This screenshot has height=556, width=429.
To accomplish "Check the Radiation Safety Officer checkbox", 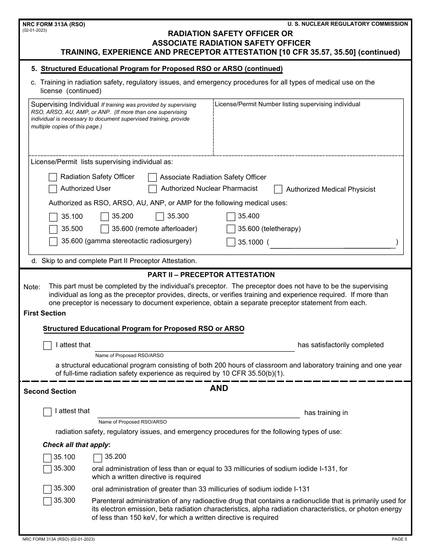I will coord(53,177).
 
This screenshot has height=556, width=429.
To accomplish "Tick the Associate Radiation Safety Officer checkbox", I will coord(153,177).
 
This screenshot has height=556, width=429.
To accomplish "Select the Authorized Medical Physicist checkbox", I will coord(278,189).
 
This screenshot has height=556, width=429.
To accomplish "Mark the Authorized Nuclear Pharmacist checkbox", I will coord(153,189).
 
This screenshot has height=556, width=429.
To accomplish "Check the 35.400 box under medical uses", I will coord(231,217).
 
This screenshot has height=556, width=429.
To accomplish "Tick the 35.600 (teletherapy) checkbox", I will coord(231,229).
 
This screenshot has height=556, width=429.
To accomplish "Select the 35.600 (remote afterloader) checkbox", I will coord(105,229).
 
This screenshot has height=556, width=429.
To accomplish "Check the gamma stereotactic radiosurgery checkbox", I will coord(53,241).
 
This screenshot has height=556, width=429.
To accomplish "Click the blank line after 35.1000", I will coord(332,243).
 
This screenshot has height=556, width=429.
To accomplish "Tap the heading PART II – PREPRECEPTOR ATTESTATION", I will coord(211,275).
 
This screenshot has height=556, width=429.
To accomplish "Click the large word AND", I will coord(219,388).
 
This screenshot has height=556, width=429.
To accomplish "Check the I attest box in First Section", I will coord(47,346).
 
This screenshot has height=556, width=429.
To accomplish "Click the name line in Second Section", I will coord(199,413).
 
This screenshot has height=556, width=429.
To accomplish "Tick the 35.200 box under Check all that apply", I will coord(98,457).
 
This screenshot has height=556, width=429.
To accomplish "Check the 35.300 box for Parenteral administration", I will coord(47,501).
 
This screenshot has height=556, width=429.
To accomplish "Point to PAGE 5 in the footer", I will coord(399,539).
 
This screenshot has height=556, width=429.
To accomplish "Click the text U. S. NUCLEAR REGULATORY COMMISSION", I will coord(348,24).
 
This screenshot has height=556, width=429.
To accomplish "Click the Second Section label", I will coord(50,391).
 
